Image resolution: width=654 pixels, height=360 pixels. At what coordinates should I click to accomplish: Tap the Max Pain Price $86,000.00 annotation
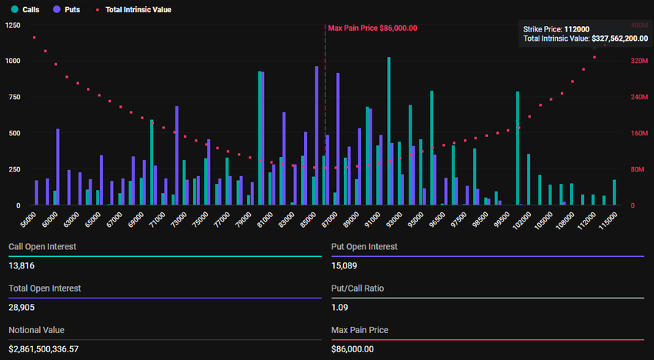(x=372, y=28)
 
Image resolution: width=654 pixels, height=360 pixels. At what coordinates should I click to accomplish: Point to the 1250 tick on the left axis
(x=12, y=25)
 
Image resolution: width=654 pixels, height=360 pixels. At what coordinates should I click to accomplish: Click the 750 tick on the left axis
(x=15, y=97)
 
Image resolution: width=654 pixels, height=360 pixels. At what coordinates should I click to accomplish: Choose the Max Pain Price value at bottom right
(x=352, y=348)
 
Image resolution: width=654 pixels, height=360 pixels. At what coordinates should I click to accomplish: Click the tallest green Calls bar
(x=389, y=131)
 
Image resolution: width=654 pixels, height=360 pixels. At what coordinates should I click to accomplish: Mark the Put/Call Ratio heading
(x=357, y=288)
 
